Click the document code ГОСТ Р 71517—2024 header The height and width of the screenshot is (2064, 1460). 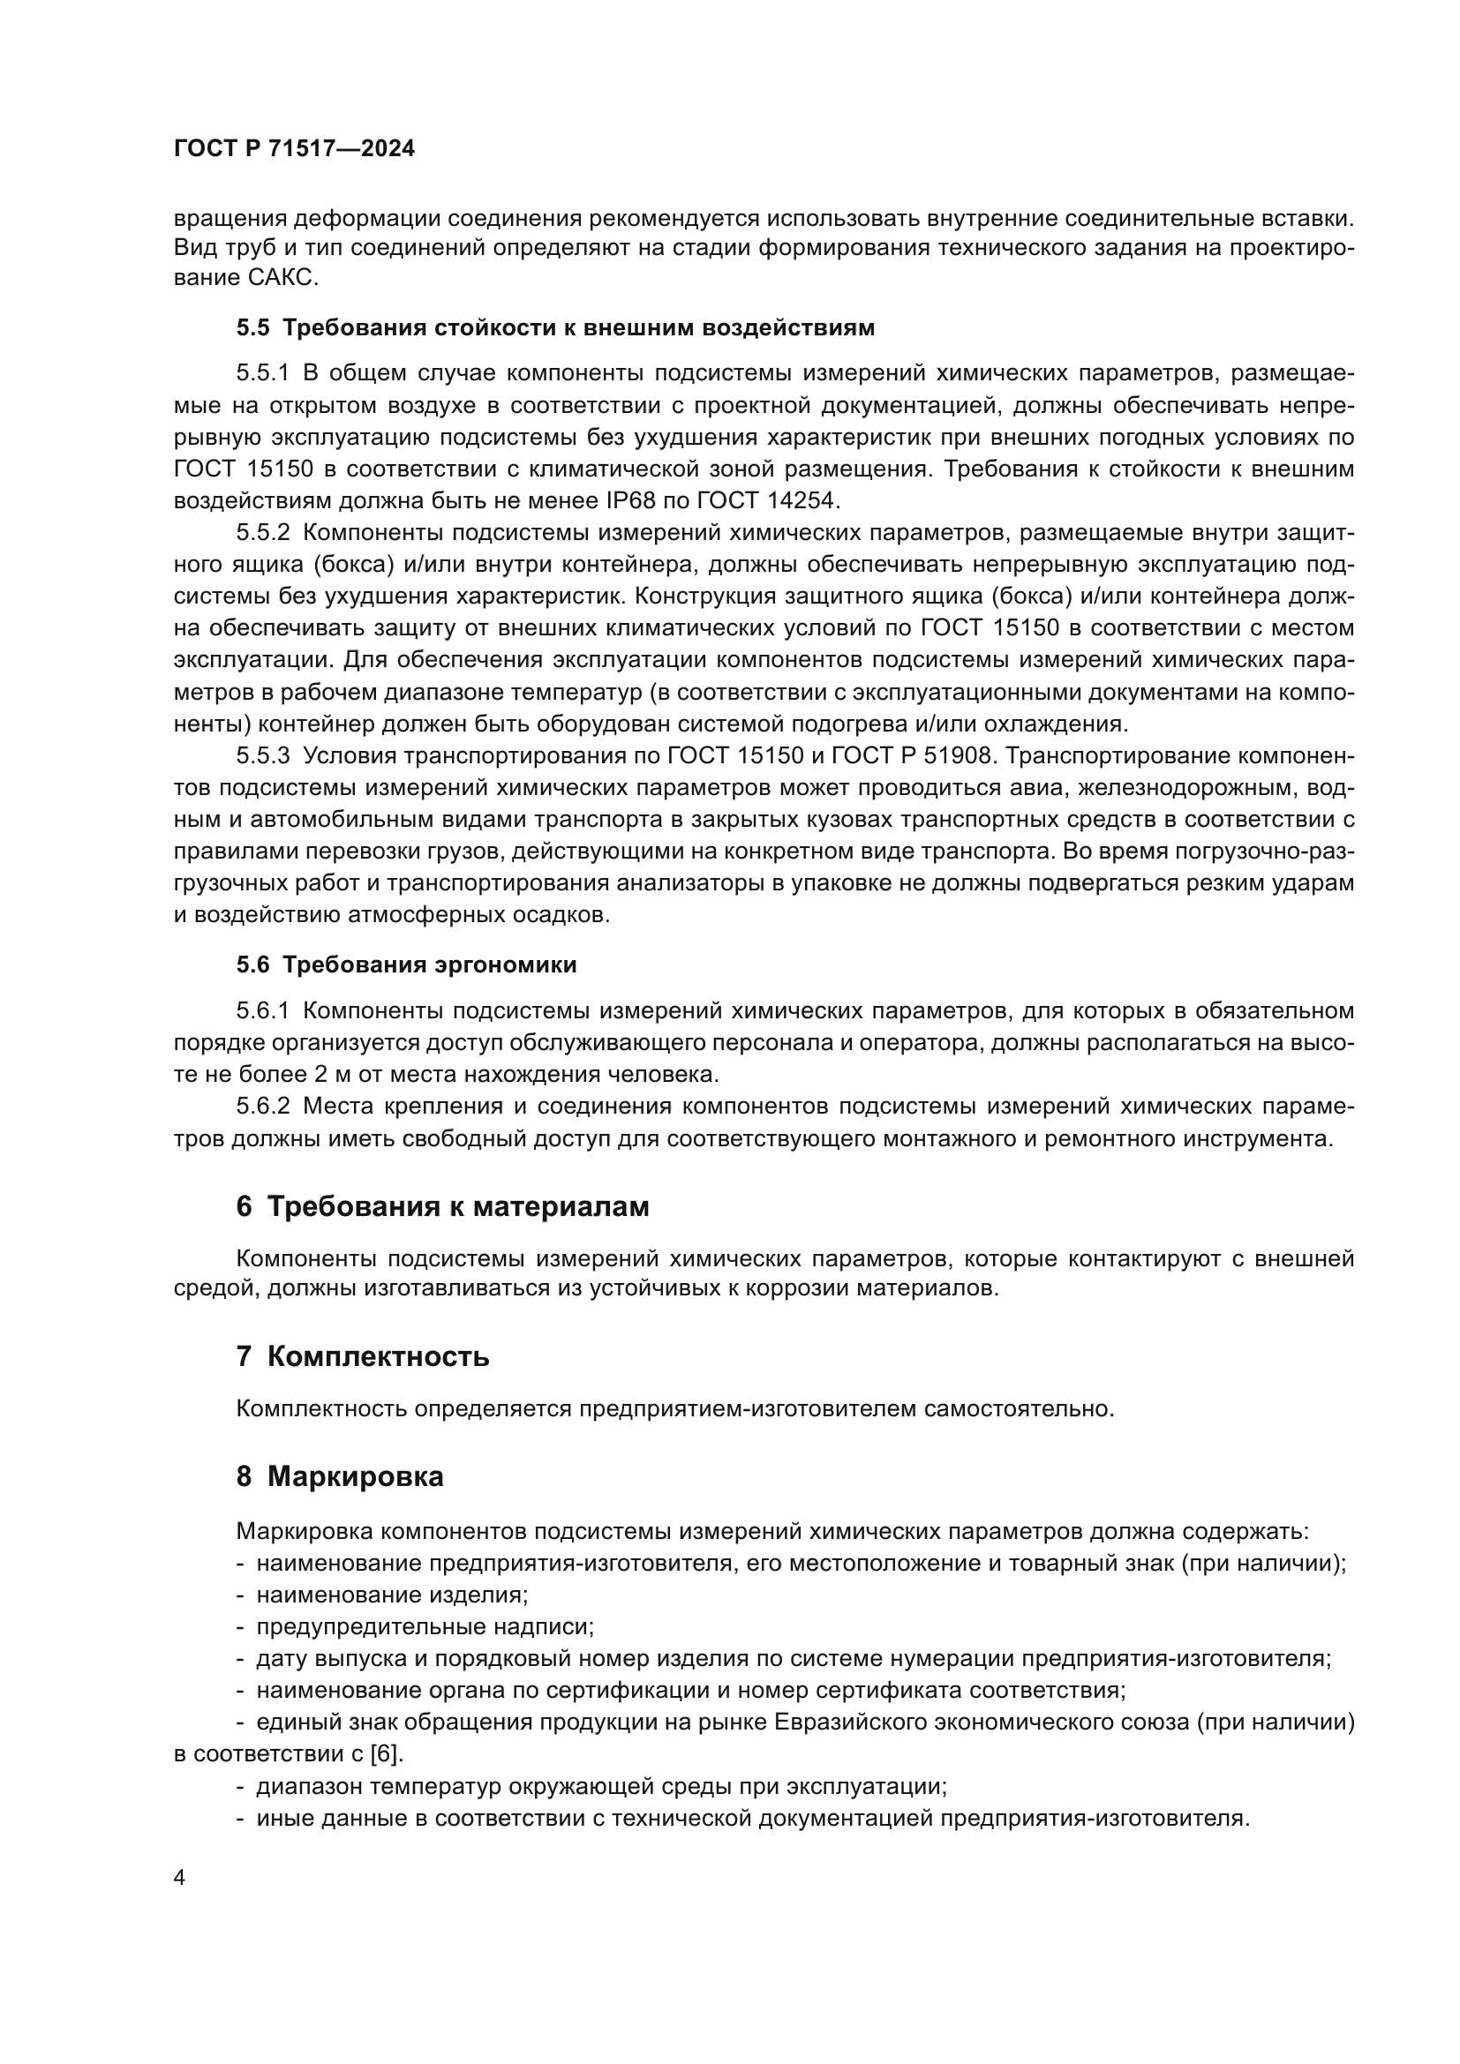pyautogui.click(x=294, y=149)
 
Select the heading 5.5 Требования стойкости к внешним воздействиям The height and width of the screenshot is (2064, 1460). pyautogui.click(x=554, y=327)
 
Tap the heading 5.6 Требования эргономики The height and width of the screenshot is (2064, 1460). pyautogui.click(x=406, y=964)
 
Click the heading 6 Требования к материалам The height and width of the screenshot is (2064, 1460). pyautogui.click(x=442, y=1206)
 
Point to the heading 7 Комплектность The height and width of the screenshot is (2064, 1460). pyautogui.click(x=362, y=1355)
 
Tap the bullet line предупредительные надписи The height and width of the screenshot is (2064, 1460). pyautogui.click(x=425, y=1626)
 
